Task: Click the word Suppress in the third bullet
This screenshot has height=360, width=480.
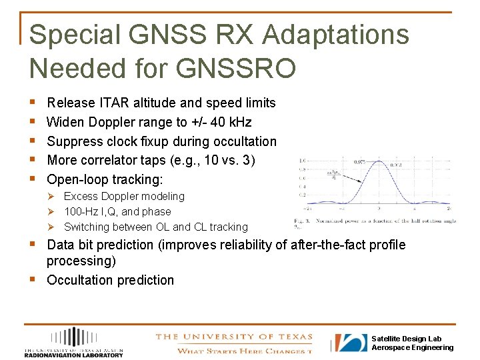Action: [74, 141]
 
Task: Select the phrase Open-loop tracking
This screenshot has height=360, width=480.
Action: [105, 179]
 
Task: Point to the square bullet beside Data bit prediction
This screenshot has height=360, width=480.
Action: [33, 245]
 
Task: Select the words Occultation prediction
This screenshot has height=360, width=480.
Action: [110, 280]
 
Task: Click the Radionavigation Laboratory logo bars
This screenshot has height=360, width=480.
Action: [73, 337]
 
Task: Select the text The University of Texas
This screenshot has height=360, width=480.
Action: [233, 337]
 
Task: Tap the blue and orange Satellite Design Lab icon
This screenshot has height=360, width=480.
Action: [350, 343]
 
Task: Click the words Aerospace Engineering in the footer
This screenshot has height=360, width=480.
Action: [412, 347]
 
